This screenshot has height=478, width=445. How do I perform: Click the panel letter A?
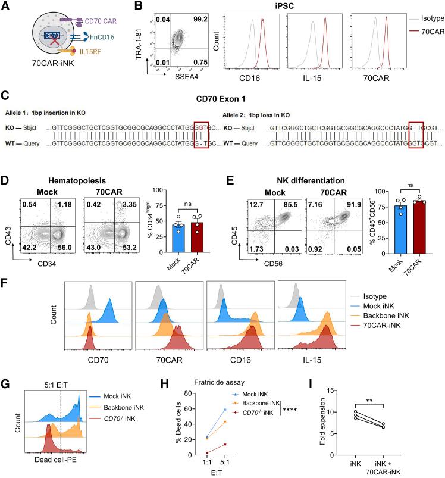tap(6, 7)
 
